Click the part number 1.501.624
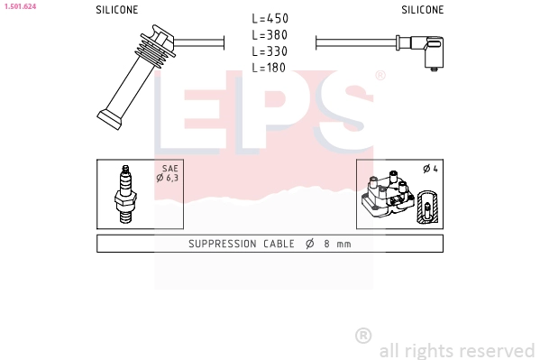tap(21, 6)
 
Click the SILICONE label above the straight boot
tap(117, 10)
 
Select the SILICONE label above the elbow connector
tap(423, 10)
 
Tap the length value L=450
tap(270, 19)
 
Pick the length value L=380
tap(270, 35)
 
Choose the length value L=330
tap(270, 51)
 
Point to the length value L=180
tap(269, 68)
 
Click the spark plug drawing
tap(125, 194)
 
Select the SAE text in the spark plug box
tap(170, 169)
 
